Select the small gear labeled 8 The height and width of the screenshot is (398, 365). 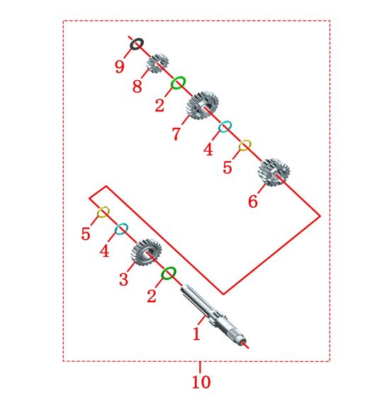(157, 63)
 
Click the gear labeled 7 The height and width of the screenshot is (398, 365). (202, 105)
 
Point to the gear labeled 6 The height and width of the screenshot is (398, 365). (274, 172)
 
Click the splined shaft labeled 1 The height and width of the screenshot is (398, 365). (213, 315)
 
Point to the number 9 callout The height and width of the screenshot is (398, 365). (120, 67)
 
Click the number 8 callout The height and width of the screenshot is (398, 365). (137, 86)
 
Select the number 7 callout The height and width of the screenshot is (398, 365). (176, 133)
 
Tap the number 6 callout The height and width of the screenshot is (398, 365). (253, 201)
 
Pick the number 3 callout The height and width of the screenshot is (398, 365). (123, 280)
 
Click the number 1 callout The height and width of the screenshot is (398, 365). (196, 333)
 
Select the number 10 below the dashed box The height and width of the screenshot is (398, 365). (201, 382)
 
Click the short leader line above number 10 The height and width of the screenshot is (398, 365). (200, 367)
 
